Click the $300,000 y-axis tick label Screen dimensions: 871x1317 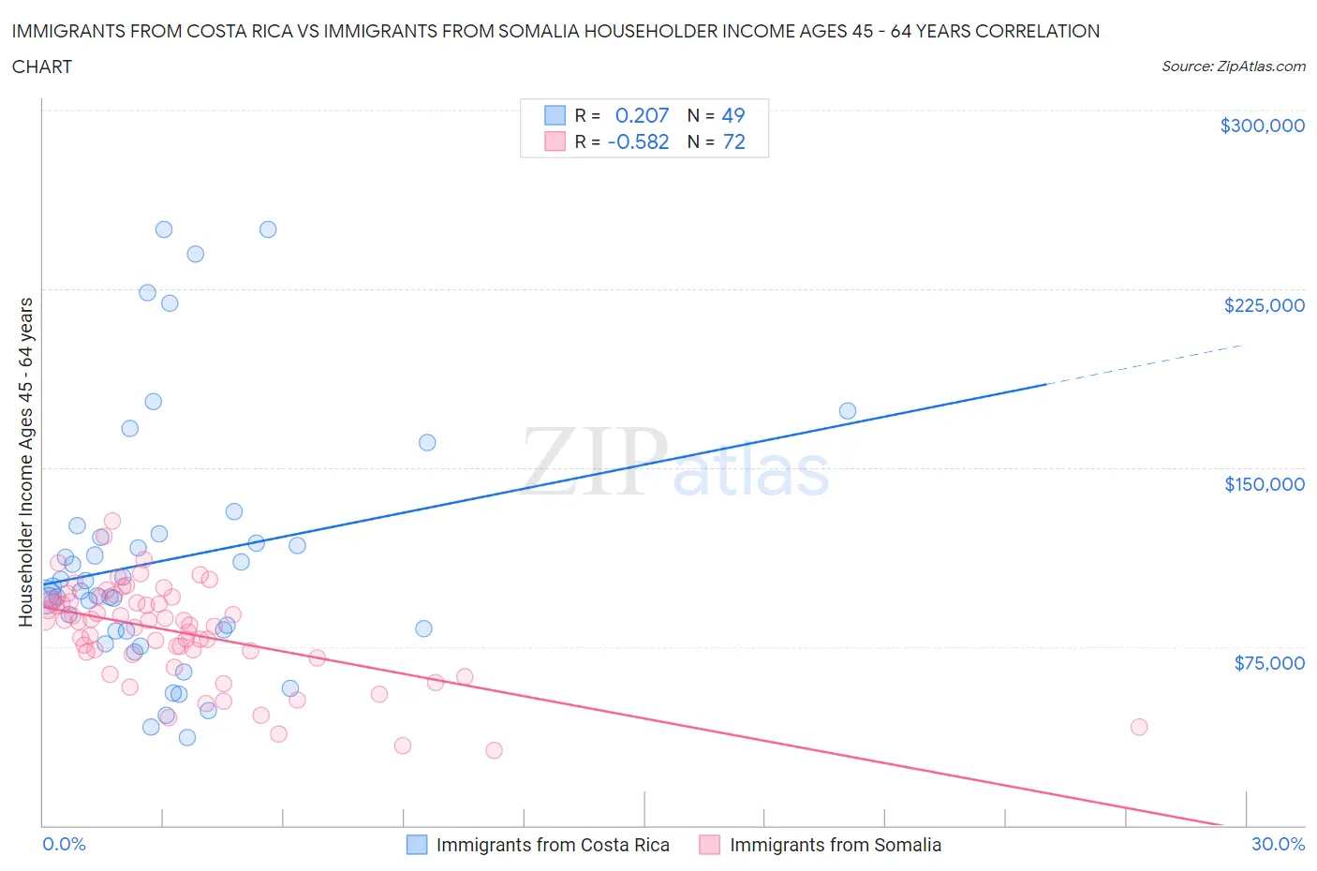1262,125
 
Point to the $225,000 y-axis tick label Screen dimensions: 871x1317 1264,305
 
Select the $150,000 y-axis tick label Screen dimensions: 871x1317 1264,484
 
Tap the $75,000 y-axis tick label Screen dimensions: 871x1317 1269,663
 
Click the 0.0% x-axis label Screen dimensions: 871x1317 64,844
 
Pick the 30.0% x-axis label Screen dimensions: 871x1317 1278,844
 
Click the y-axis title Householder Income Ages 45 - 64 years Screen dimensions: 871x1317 25,462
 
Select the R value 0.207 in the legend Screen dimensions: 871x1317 642,115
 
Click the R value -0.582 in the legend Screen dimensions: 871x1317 638,141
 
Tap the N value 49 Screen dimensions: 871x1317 733,115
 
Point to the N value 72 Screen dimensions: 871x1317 733,141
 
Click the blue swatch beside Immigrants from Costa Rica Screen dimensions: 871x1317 417,845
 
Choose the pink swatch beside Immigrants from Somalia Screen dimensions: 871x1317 710,845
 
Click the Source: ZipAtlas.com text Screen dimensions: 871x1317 1233,66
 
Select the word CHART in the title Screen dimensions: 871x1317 42,66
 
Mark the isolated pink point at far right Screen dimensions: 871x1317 1139,727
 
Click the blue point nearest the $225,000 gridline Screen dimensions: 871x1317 147,292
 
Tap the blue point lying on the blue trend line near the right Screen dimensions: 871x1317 848,411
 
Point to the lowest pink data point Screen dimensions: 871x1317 494,750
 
